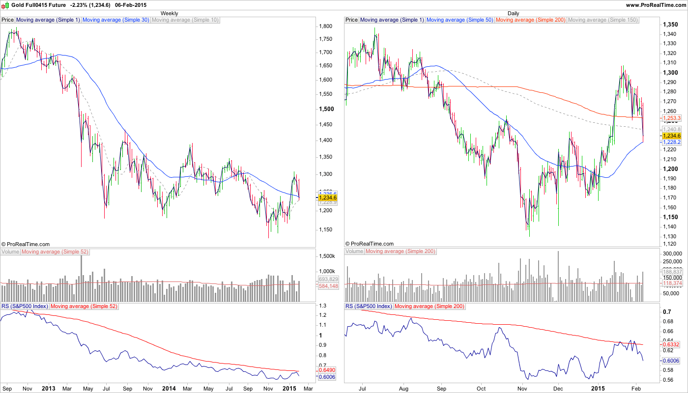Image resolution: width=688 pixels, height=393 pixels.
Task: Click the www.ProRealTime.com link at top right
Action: point(656,5)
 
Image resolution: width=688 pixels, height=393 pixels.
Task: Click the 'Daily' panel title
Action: point(513,13)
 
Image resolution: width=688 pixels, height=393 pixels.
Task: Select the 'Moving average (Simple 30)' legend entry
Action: point(116,20)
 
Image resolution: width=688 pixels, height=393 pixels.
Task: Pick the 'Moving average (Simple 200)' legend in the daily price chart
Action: point(531,20)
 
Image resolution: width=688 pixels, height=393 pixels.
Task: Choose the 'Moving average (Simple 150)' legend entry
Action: point(602,20)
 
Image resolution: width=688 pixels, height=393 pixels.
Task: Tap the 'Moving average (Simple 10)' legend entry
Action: point(185,20)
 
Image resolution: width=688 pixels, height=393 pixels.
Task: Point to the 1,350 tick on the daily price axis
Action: point(670,25)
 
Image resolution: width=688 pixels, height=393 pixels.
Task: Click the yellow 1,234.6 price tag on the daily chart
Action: point(671,136)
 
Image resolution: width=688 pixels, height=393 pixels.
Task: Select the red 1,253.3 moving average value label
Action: point(671,118)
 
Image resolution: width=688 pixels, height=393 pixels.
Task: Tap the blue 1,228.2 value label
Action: point(671,142)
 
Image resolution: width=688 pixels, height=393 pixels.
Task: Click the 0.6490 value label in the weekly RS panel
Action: point(327,370)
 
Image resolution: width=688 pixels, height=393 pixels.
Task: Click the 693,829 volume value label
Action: point(327,280)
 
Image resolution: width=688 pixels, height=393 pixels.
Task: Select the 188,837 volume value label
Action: point(671,272)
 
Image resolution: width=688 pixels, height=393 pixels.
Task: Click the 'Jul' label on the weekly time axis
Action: point(106,388)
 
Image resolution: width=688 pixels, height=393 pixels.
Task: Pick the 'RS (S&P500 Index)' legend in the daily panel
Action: point(369,306)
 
